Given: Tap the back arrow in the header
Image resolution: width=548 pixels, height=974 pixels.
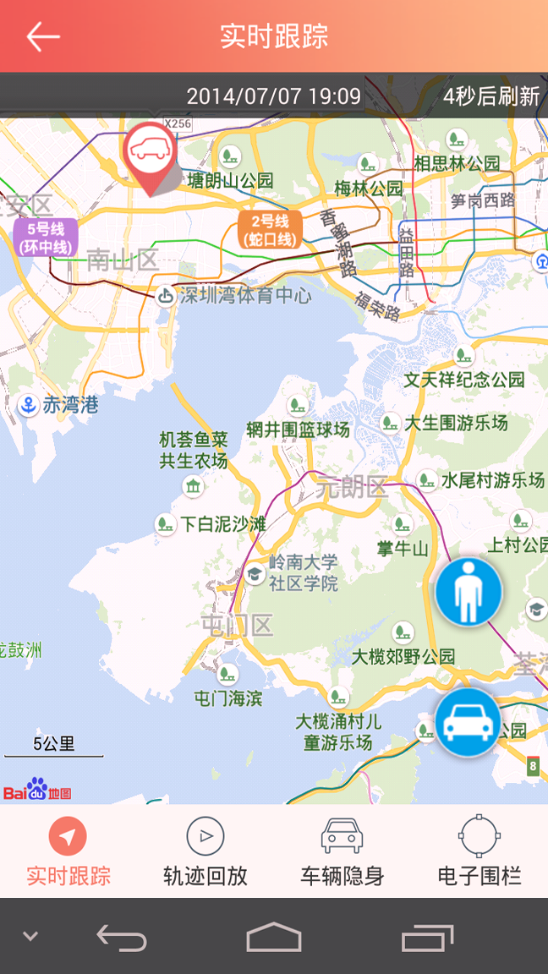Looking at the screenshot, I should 42,36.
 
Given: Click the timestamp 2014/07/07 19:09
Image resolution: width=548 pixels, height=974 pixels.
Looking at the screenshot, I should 273,96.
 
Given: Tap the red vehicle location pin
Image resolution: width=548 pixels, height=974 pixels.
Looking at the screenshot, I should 150,153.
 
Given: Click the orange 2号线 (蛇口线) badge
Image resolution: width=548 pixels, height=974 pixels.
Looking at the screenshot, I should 270,230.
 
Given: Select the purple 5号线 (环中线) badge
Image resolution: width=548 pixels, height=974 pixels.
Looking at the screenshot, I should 45,238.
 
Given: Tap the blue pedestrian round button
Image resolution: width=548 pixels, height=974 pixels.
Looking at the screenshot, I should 468,592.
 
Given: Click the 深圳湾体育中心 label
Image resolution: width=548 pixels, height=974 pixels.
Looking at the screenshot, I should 244,296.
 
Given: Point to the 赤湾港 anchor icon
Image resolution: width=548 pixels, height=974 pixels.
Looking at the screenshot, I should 28,405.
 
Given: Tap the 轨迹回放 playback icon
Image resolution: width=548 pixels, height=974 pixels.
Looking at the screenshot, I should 205,836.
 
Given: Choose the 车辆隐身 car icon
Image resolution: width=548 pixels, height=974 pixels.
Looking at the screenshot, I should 342,836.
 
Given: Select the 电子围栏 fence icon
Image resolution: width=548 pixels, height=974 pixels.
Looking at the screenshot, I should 479,836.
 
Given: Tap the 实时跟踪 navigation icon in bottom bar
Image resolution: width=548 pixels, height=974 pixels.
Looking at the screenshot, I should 68,836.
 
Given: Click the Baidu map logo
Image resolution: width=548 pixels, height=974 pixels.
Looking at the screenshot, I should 37,791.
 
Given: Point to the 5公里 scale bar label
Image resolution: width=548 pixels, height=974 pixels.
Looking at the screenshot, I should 54,744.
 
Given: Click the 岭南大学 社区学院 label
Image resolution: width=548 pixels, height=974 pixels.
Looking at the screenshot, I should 303,572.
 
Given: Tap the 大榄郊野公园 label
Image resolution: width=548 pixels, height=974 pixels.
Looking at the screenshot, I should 403,656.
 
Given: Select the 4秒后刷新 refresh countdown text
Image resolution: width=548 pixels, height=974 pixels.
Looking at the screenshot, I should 491,96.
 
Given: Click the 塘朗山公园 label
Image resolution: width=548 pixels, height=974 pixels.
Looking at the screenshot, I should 231,180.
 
